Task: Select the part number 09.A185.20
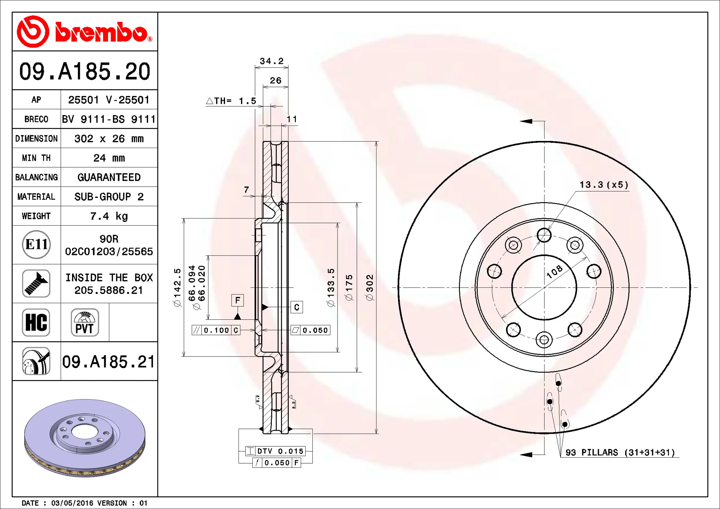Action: [85, 71]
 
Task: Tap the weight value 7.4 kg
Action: [109, 216]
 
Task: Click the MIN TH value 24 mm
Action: [109, 158]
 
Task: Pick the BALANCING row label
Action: [36, 177]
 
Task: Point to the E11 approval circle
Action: [36, 245]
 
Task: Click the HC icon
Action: [36, 322]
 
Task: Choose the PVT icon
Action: [85, 322]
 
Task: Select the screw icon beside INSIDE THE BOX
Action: [36, 284]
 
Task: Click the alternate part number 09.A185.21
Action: [108, 362]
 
